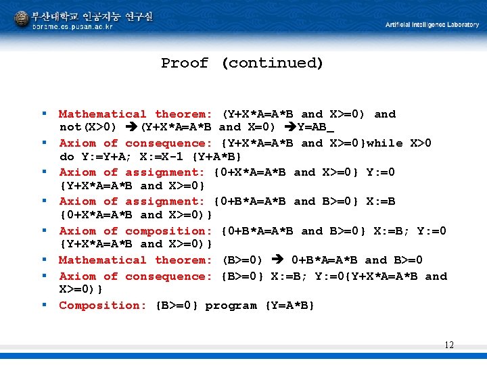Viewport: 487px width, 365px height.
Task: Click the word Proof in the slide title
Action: tap(185, 64)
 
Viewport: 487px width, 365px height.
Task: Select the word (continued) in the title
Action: tap(272, 64)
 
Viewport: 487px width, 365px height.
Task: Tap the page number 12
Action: tap(449, 345)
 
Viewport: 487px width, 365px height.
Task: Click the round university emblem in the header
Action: tap(22, 18)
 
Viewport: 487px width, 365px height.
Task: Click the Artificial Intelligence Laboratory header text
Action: tap(432, 25)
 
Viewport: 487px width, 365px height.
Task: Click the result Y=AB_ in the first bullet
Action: tap(320, 127)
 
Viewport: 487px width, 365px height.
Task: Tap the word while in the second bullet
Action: tap(385, 143)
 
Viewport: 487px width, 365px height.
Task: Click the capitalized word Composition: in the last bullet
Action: tap(102, 306)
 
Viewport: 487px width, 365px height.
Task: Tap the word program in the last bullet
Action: tap(231, 306)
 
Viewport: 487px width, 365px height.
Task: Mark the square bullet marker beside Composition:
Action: tap(45, 305)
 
